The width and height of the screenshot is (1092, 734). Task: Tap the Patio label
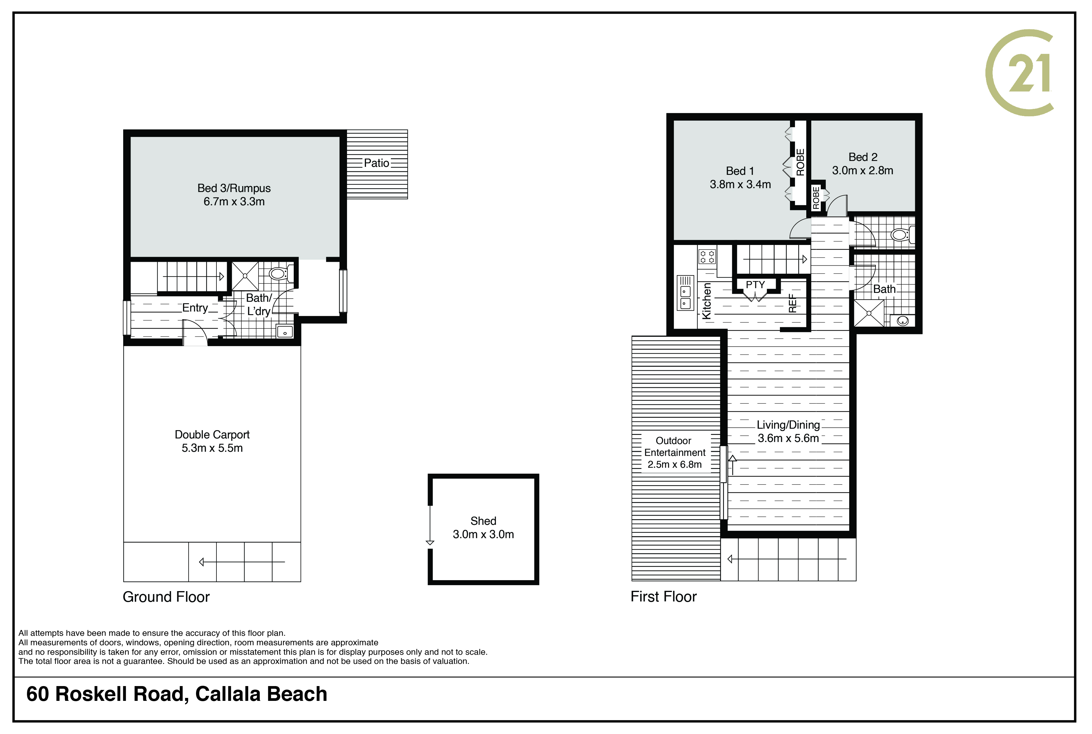(377, 163)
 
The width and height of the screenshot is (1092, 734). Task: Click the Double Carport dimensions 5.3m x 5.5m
(212, 448)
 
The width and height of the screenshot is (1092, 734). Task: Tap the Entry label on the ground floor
(195, 308)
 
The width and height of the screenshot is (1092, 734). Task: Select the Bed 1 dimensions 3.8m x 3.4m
(740, 184)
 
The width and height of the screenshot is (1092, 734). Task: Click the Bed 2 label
(863, 157)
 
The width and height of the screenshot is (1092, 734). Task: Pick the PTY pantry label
(755, 285)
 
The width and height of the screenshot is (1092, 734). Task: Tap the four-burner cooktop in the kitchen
(707, 257)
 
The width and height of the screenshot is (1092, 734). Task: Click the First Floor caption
(663, 596)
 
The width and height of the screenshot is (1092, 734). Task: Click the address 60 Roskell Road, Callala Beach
(176, 694)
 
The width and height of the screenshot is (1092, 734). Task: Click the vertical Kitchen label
(706, 301)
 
